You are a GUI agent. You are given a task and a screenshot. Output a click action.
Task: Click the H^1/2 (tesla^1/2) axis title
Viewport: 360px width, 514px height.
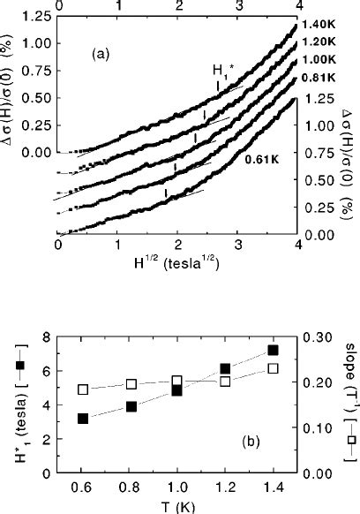[x=177, y=262]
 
